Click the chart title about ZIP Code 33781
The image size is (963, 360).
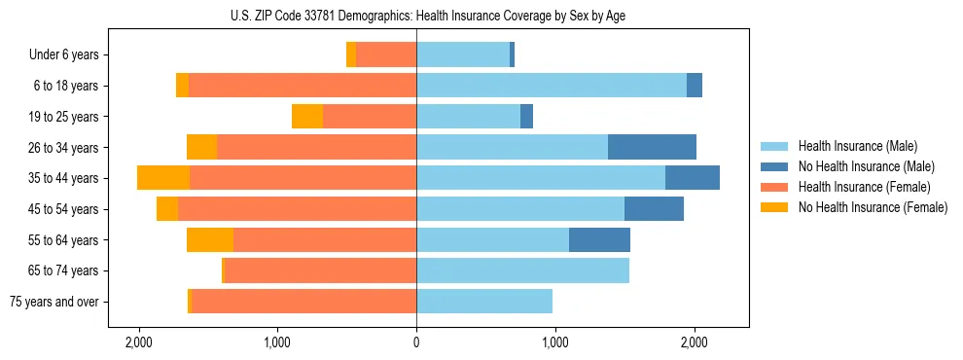(416, 16)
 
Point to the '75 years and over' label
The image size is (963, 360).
(53, 302)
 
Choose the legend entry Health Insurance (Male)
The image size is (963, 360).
(857, 146)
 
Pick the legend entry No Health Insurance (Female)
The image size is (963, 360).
(872, 207)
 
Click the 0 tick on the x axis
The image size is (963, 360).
(416, 342)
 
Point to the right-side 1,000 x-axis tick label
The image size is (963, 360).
(555, 342)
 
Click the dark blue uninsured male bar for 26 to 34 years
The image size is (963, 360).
(652, 147)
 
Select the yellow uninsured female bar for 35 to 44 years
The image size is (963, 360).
(163, 178)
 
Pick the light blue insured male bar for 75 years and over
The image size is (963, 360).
(484, 302)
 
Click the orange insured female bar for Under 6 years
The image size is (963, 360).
(386, 54)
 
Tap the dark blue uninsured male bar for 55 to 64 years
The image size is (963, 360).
(599, 239)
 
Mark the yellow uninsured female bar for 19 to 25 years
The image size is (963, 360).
(307, 117)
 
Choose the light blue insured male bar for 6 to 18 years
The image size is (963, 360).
(552, 86)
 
